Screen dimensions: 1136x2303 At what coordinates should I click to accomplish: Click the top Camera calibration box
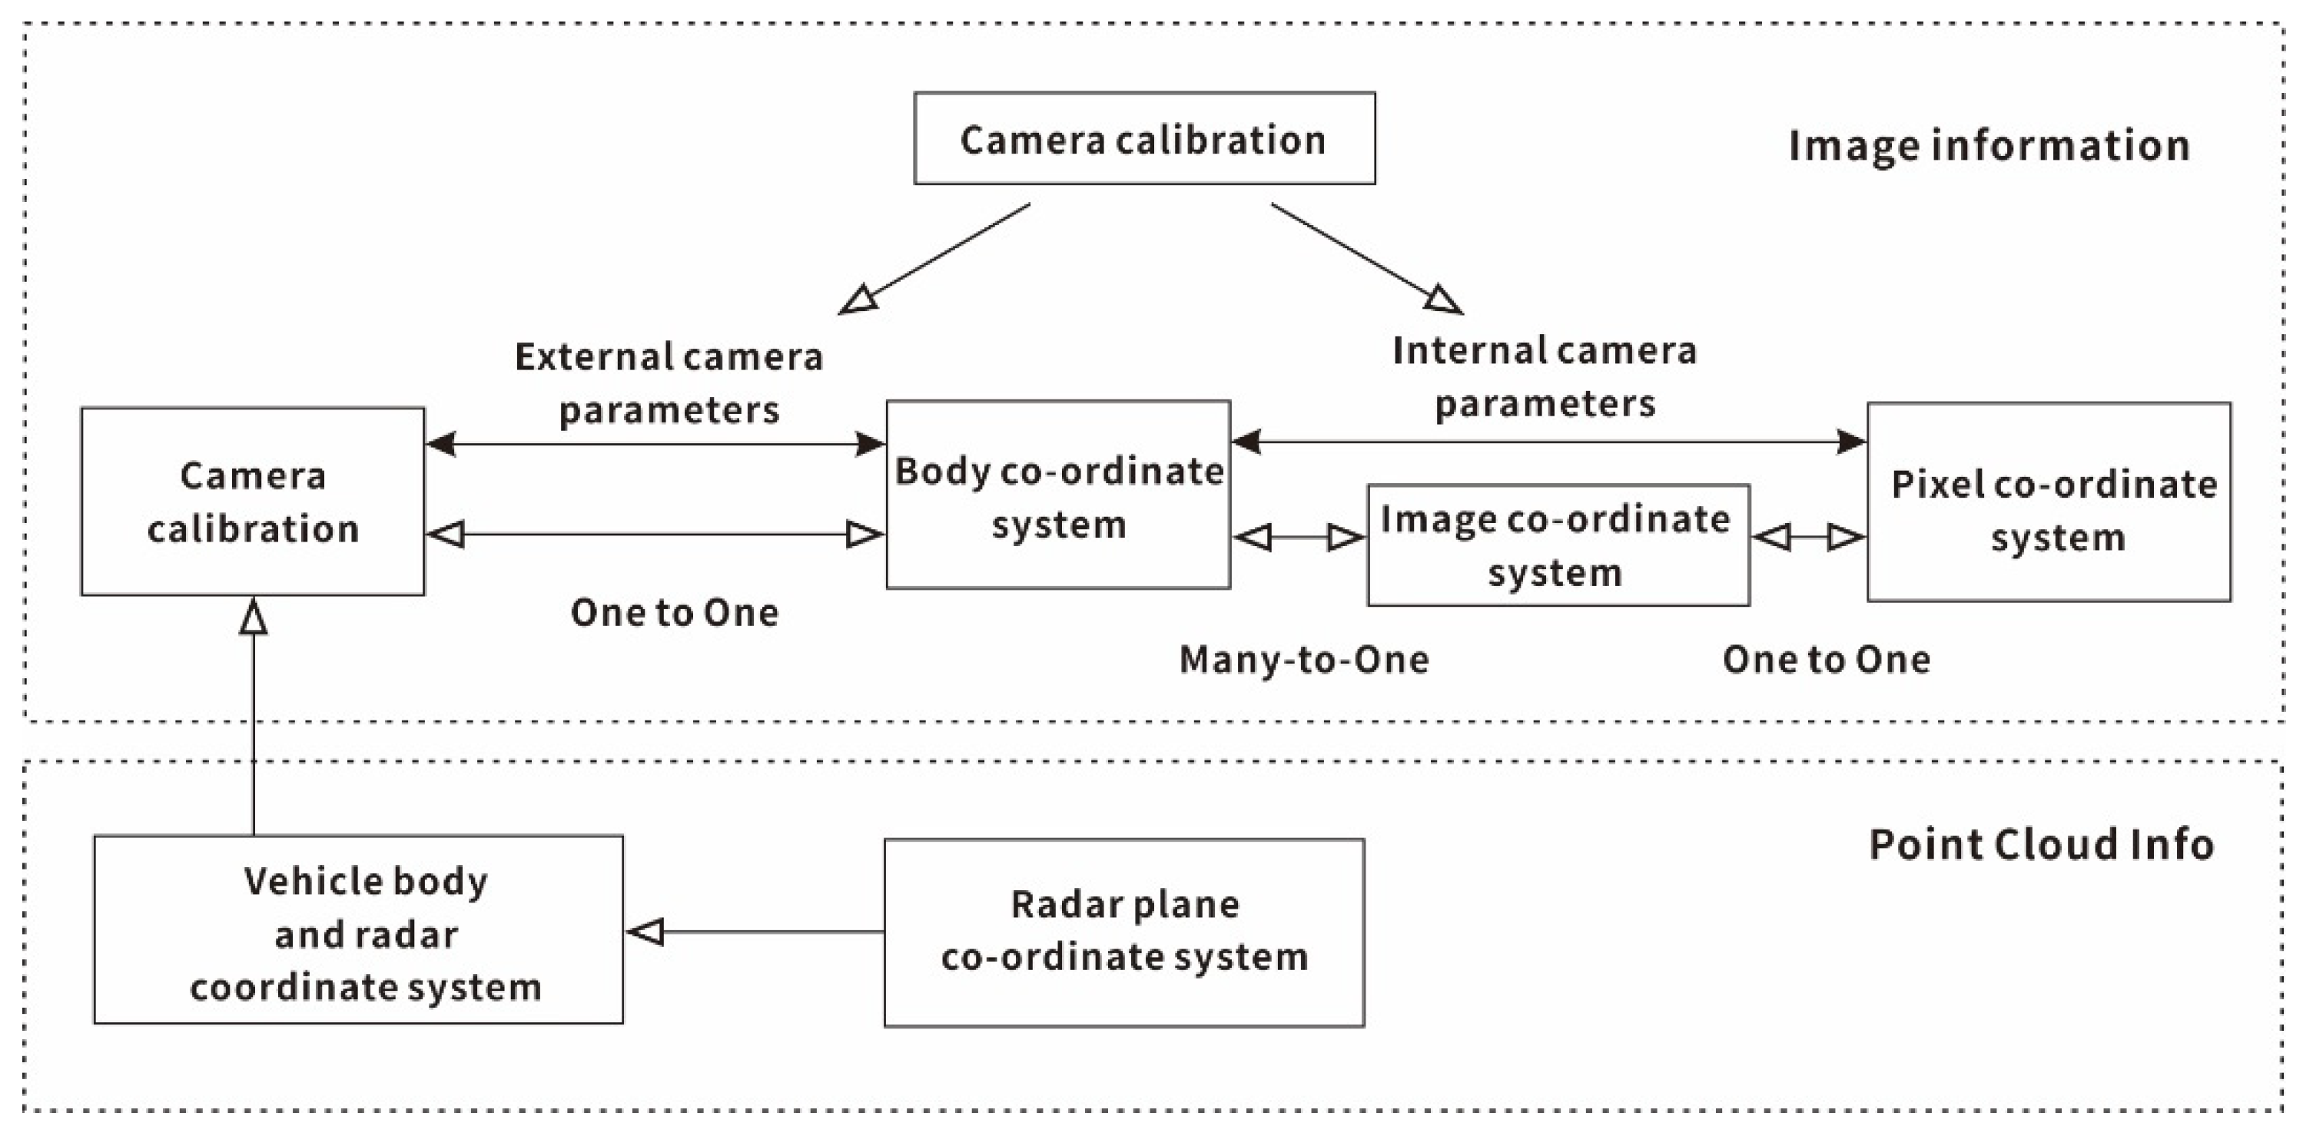coord(1143,138)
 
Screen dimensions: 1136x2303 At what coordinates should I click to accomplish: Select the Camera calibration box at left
coord(252,502)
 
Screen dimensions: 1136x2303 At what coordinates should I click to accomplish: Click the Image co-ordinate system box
coord(1557,545)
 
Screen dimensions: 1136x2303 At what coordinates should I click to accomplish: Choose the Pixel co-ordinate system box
coord(2047,502)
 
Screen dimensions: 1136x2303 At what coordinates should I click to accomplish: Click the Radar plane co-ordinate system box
coord(1123,932)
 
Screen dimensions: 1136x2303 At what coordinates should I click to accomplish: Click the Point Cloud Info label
coord(2040,843)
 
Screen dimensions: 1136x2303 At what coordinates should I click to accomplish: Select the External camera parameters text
coord(668,383)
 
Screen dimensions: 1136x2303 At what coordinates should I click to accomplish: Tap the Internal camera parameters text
coord(1544,376)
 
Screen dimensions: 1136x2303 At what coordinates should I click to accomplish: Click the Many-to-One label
coord(1303,660)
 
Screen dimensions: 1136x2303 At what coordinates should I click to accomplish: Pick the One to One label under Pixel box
coord(1826,660)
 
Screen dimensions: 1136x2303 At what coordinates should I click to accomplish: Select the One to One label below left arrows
coord(674,612)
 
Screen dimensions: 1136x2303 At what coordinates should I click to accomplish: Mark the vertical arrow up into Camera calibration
coord(253,715)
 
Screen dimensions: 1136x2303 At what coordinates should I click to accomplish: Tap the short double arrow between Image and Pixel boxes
coord(1807,537)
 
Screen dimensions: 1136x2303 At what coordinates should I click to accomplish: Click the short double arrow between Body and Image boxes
coord(1298,537)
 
